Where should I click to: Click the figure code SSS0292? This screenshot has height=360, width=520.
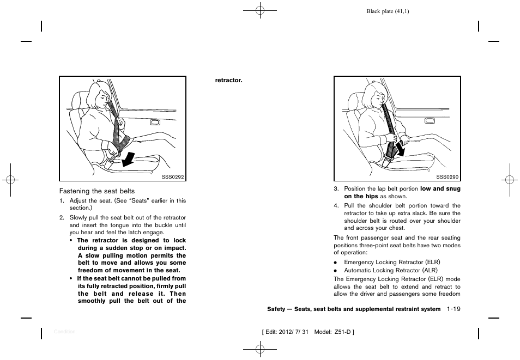(174, 176)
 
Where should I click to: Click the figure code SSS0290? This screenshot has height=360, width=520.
(449, 176)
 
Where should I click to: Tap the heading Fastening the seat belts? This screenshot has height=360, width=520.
(97, 191)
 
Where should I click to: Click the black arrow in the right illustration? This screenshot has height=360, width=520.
(400, 148)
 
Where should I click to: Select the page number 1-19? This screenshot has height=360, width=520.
(454, 309)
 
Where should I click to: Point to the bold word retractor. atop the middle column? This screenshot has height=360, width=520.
(228, 80)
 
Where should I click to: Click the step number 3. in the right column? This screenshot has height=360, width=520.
(336, 189)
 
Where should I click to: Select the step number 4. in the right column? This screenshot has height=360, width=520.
(336, 206)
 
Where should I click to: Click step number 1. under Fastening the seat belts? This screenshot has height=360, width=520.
(62, 201)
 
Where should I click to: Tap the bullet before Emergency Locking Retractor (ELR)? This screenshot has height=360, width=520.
(336, 263)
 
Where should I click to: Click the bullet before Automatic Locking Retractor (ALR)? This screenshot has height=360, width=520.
(336, 271)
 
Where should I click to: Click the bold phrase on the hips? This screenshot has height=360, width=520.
(361, 196)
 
